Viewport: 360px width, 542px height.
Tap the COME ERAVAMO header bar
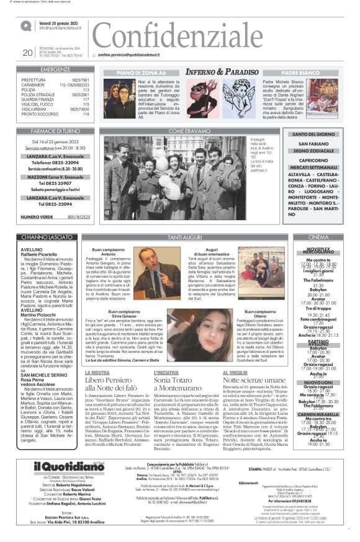click(186, 131)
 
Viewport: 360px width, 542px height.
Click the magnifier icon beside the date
click(26, 26)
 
